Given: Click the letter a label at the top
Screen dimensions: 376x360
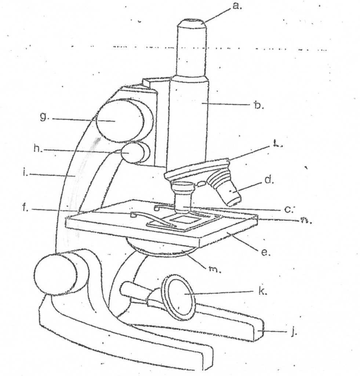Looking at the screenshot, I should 237,6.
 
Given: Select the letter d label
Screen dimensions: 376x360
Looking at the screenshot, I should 269,181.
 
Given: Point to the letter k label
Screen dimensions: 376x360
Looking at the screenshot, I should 262,292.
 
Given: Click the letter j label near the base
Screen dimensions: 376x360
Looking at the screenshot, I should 292,333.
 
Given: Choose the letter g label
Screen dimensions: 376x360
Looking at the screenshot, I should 44,117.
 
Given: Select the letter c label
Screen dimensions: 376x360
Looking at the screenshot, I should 288,209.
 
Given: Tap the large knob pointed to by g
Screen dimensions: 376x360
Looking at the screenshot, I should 119,120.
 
